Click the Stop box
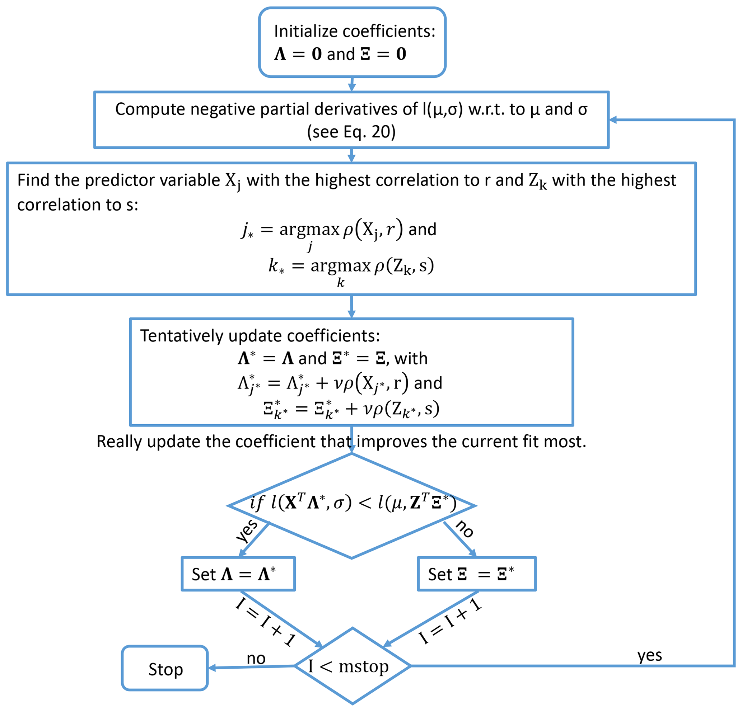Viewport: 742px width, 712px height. (x=165, y=669)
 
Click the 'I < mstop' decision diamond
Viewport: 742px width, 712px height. (x=352, y=666)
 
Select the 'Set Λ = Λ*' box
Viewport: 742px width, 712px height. (x=238, y=574)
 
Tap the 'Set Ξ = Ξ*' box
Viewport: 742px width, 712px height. (x=476, y=574)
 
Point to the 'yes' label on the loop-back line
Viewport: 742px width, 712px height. (x=649, y=655)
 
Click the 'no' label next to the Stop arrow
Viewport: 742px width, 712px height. (x=256, y=659)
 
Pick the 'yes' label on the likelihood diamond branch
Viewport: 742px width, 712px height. (x=247, y=531)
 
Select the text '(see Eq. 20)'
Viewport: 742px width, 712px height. (x=351, y=132)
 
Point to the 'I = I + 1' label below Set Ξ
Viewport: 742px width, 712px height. (x=450, y=621)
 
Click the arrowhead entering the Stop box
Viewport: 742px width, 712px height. (x=212, y=668)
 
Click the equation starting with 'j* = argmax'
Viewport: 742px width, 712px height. (x=339, y=230)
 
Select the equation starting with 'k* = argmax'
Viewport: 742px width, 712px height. (x=351, y=266)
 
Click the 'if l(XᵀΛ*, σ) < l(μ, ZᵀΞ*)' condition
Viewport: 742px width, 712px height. (x=353, y=503)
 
